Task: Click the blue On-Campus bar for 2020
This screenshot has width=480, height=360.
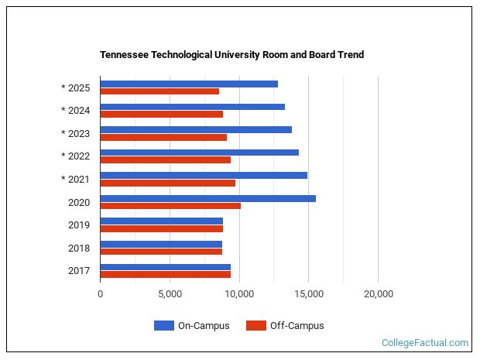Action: pyautogui.click(x=207, y=198)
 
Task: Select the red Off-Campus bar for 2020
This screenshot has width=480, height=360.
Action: pyautogui.click(x=170, y=206)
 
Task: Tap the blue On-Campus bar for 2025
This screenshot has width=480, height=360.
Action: pyautogui.click(x=189, y=84)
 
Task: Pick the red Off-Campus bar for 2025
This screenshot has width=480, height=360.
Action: pyautogui.click(x=159, y=91)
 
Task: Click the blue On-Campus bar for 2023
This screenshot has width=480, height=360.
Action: pyautogui.click(x=196, y=129)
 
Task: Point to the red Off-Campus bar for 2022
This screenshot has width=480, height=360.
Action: pyautogui.click(x=165, y=160)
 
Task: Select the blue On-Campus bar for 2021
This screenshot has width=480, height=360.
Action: pyautogui.click(x=204, y=175)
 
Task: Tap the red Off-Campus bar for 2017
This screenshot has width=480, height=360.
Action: pyautogui.click(x=165, y=274)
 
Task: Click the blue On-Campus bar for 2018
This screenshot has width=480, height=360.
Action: pyautogui.click(x=161, y=244)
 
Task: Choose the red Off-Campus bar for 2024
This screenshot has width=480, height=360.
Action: pyautogui.click(x=161, y=115)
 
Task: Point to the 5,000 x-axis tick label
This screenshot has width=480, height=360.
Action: pyautogui.click(x=170, y=294)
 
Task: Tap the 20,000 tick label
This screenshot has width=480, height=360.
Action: pyautogui.click(x=378, y=294)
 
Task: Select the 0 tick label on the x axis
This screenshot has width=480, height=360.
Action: pyautogui.click(x=100, y=294)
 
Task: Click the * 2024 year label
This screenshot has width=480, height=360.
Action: pyautogui.click(x=75, y=111)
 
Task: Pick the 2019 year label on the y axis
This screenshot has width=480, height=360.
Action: pyautogui.click(x=79, y=225)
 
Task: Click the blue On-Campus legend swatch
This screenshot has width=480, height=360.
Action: pyautogui.click(x=164, y=326)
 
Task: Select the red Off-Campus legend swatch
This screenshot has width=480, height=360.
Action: pyautogui.click(x=255, y=326)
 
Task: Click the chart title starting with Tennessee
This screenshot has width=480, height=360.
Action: pyautogui.click(x=231, y=55)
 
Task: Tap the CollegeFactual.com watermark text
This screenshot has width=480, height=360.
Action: pyautogui.click(x=425, y=343)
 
